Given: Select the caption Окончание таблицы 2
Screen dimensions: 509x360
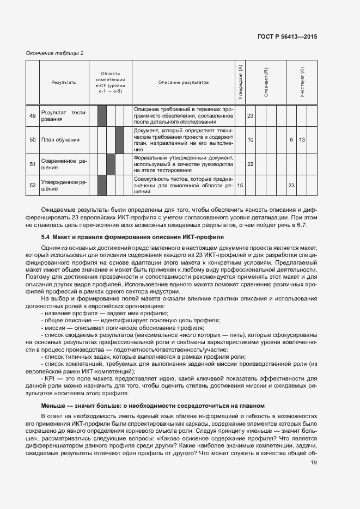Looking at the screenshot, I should [55, 53].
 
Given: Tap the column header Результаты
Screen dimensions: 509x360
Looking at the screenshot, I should [64, 82].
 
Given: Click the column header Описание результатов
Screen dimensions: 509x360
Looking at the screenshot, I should [184, 82].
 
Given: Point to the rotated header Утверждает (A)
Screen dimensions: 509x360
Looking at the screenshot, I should [240, 82].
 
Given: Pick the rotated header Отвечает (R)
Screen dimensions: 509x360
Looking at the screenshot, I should [266, 82].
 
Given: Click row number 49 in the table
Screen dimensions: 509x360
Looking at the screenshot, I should [33, 116].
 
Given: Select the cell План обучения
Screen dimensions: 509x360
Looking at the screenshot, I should [60, 140].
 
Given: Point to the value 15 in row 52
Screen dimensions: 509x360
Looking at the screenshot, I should [240, 186].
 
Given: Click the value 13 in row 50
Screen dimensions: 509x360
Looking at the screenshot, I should [302, 140].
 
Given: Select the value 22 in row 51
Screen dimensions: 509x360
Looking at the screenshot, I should [251, 164].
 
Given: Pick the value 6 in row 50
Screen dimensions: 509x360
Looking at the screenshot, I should [291, 140].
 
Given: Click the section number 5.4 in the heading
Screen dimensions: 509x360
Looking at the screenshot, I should [46, 237].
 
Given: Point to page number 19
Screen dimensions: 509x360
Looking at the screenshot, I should [314, 463].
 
